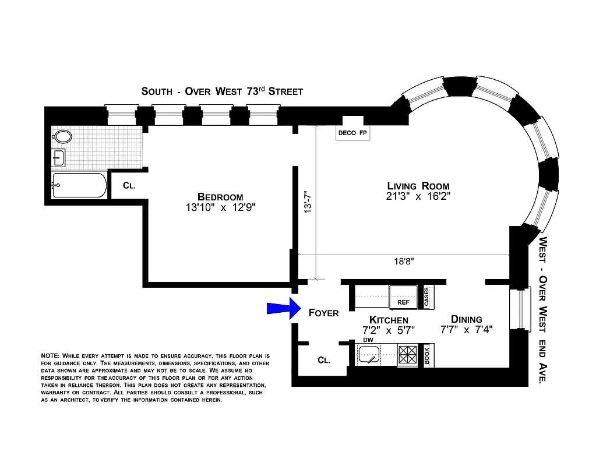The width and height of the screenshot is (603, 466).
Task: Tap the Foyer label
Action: pos(323,313)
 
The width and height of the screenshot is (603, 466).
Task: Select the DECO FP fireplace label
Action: pos(352,133)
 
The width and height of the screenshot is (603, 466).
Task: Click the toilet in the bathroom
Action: pos(62,137)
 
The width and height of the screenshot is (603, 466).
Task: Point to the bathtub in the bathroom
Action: pos(79,186)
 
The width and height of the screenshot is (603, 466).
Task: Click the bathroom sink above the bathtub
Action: pos(59,157)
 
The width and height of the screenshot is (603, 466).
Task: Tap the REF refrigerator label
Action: pos(403,302)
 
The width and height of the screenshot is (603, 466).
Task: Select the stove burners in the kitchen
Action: pos(407,354)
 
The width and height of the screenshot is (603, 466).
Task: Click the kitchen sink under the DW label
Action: pos(369,355)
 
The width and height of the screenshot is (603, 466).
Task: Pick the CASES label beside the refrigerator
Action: pos(426,297)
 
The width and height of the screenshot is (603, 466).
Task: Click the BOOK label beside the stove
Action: pos(427,355)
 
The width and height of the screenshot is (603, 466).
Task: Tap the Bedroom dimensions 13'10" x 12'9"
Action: pos(219,207)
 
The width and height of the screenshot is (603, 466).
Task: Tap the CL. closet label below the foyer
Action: pos(324,360)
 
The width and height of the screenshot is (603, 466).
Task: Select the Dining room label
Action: pos(467,319)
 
